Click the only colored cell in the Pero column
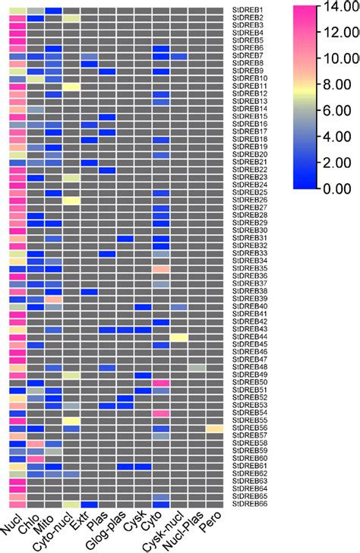tap(215, 428)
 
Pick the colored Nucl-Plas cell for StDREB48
tap(197, 367)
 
